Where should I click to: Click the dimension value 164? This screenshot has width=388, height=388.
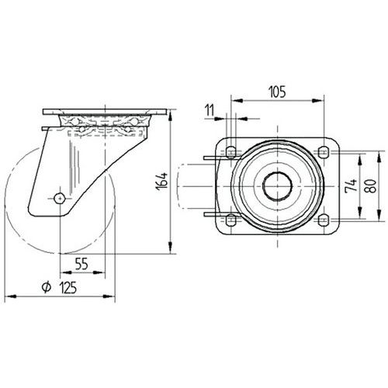coord(162,182)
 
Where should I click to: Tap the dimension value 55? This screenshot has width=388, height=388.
coord(81,264)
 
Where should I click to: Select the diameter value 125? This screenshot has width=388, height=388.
coord(68,288)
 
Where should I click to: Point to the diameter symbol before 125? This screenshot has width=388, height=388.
coord(47,287)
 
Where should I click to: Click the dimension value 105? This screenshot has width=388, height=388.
coord(278,92)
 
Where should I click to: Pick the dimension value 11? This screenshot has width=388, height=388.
coord(210,110)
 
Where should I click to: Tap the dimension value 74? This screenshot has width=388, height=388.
coord(351,185)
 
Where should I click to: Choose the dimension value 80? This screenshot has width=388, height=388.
coord(371,186)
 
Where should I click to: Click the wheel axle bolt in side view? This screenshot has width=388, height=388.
coord(60,199)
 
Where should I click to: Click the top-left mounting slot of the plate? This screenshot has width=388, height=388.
coord(231,151)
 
